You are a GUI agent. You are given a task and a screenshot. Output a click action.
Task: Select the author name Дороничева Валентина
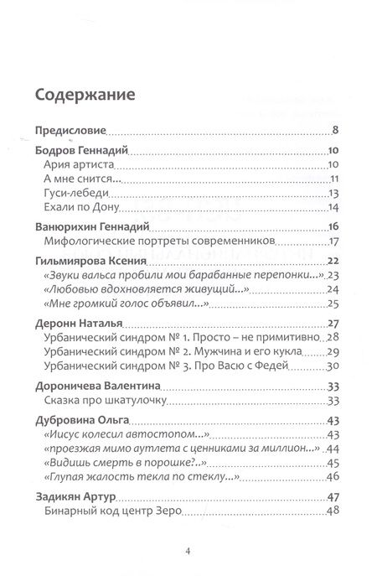pos(101,387)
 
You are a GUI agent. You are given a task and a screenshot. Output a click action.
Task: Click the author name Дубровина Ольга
pos(88,423)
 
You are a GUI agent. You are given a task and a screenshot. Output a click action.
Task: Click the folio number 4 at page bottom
pos(188,551)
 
